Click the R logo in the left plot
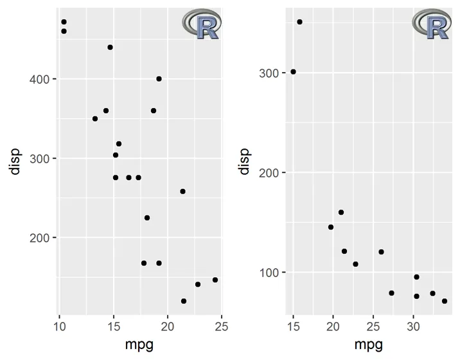(202, 24)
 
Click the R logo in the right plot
(432, 24)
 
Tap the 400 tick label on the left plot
(40, 79)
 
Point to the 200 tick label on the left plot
(40, 238)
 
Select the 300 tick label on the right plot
(270, 73)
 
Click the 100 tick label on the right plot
(270, 272)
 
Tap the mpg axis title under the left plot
(139, 345)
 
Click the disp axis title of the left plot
(15, 161)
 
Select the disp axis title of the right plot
(244, 161)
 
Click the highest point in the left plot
(64, 22)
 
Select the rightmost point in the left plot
(215, 280)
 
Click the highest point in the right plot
(299, 22)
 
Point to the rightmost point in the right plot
(445, 301)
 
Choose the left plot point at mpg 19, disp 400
(159, 79)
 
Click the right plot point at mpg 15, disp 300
(293, 72)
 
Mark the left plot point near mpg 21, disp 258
(182, 192)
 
